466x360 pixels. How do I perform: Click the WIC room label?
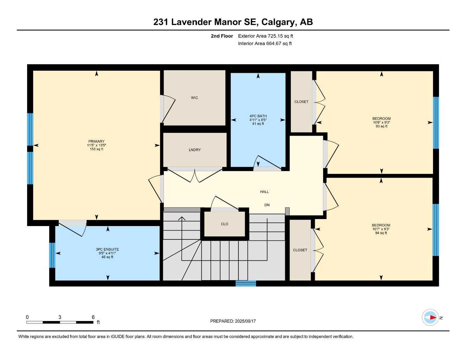pos(194,98)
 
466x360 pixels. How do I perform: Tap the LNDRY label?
pos(195,150)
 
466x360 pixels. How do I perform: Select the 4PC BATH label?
pos(258,116)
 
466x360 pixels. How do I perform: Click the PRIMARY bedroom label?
pos(96,141)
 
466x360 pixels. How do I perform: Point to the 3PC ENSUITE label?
pos(107,249)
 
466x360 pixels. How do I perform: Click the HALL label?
pos(264,192)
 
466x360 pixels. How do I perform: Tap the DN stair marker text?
pos(267,205)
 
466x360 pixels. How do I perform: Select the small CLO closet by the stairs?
pos(224,224)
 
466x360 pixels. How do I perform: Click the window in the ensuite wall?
pos(52,255)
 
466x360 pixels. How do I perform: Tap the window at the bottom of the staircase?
pos(246,283)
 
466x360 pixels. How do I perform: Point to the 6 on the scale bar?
pos(93,317)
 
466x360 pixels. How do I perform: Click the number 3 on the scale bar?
pos(60,317)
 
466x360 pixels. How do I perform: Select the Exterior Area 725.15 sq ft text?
pos(266,36)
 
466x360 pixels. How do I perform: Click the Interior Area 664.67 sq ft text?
pos(265,44)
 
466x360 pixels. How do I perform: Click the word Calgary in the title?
pos(278,22)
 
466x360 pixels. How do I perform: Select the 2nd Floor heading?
pos(222,36)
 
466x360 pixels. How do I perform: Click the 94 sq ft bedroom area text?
pos(381,233)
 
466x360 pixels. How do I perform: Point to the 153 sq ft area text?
pos(96,149)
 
